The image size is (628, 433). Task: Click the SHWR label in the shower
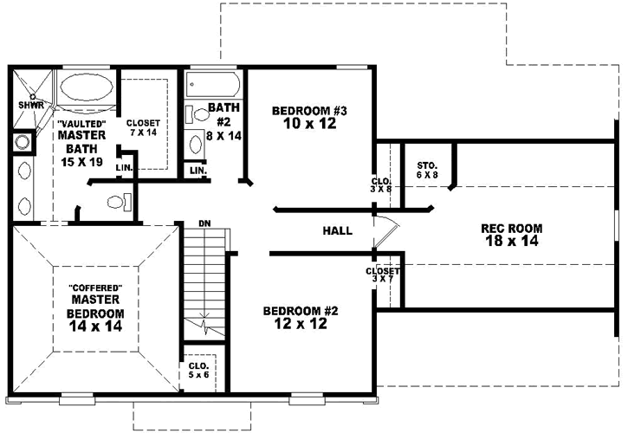click(x=31, y=106)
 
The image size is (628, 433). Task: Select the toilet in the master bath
click(x=116, y=202)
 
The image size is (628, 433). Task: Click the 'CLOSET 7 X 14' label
click(x=141, y=128)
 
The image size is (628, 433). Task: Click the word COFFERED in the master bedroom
click(x=94, y=288)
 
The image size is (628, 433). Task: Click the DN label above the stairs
click(x=205, y=223)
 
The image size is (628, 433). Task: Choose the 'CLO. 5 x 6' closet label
click(x=197, y=370)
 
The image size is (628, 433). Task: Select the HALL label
click(x=337, y=230)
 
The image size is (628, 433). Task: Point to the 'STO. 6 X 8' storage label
click(x=427, y=170)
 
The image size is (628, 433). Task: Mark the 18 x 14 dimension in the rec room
click(x=511, y=242)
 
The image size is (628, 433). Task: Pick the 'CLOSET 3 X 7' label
click(x=382, y=276)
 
